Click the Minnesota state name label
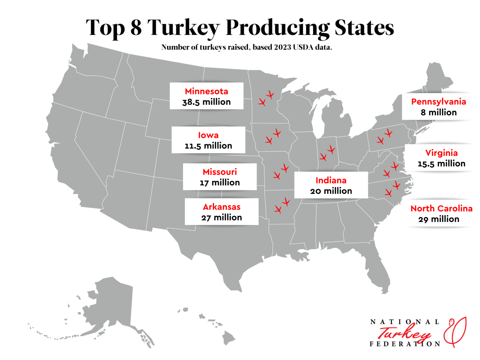click(x=206, y=91)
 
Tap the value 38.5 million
click(x=206, y=102)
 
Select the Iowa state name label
click(x=208, y=135)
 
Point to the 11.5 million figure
click(x=208, y=146)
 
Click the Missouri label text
click(x=220, y=172)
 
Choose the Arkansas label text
click(x=222, y=207)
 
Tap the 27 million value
click(x=222, y=217)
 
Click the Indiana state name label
click(x=331, y=180)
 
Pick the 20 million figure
click(x=331, y=191)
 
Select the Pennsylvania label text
click(x=438, y=102)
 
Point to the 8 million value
click(x=438, y=112)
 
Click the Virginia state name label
click(x=441, y=153)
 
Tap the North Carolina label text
click(x=441, y=208)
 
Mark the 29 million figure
click(x=439, y=219)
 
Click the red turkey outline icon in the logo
click(x=456, y=332)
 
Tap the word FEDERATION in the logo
click(x=405, y=344)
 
